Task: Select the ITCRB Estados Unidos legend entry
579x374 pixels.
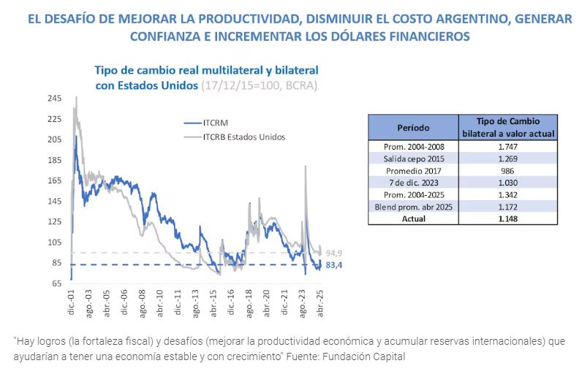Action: (243, 137)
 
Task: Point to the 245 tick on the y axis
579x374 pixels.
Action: (54, 98)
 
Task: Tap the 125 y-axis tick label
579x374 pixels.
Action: (54, 221)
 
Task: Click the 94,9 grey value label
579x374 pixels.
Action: (334, 253)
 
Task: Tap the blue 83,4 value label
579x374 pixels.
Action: (334, 264)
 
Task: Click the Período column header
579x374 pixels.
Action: (413, 127)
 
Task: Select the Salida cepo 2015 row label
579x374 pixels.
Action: (413, 158)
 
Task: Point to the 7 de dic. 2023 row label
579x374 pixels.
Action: (413, 182)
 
